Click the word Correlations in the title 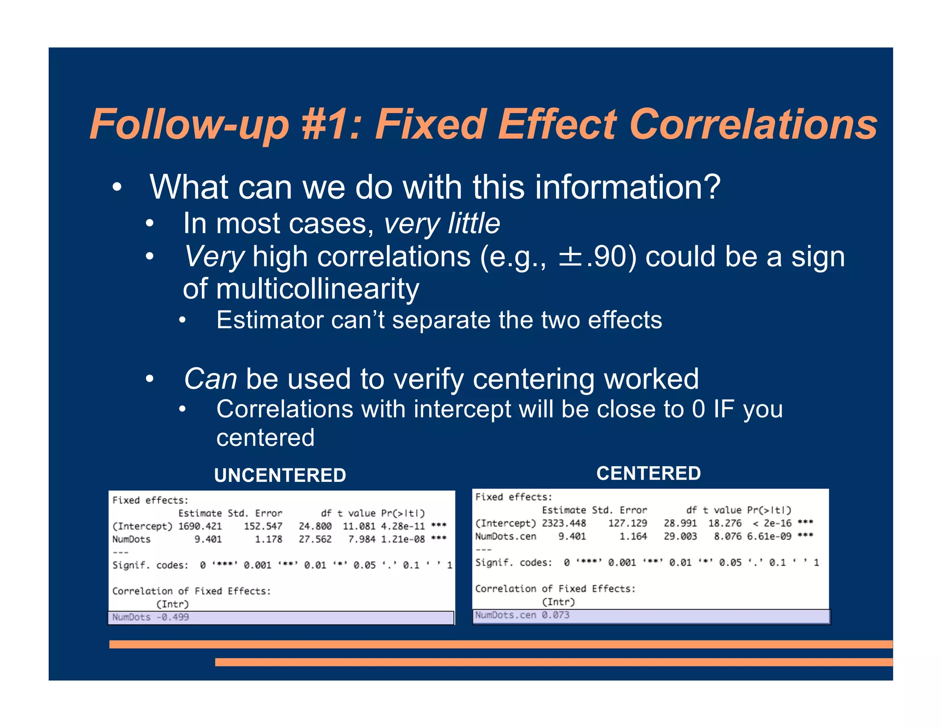click(x=753, y=124)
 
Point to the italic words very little click(x=442, y=224)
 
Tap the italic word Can click(x=210, y=379)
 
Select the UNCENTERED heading click(x=280, y=475)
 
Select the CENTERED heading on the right click(x=648, y=474)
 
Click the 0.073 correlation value click(x=555, y=615)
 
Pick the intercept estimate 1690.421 click(x=200, y=526)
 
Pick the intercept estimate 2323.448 click(x=563, y=523)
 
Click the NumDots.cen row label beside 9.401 click(x=505, y=537)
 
